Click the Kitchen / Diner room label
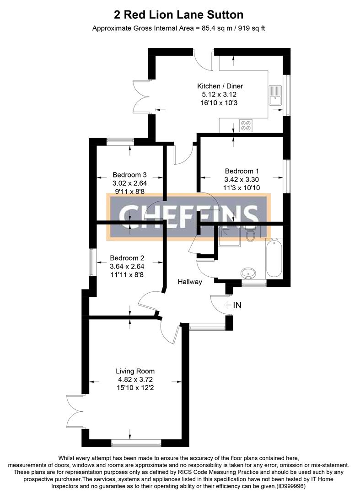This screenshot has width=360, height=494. [x=220, y=86]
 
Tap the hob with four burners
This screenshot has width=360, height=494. [x=246, y=125]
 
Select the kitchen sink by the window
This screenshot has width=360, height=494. [x=276, y=96]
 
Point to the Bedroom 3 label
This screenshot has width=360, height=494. [x=129, y=175]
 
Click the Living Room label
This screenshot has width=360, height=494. [x=135, y=371]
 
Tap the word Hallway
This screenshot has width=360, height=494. [x=190, y=282]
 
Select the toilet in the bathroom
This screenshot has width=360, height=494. [x=250, y=235]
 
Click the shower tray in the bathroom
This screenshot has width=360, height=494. [x=228, y=236]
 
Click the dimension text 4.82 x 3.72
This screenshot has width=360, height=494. [x=135, y=379]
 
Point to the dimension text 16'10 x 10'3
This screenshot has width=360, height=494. [x=220, y=103]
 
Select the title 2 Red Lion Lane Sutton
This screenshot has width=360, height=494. [x=179, y=16]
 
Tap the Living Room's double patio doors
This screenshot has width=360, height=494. [x=75, y=412]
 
